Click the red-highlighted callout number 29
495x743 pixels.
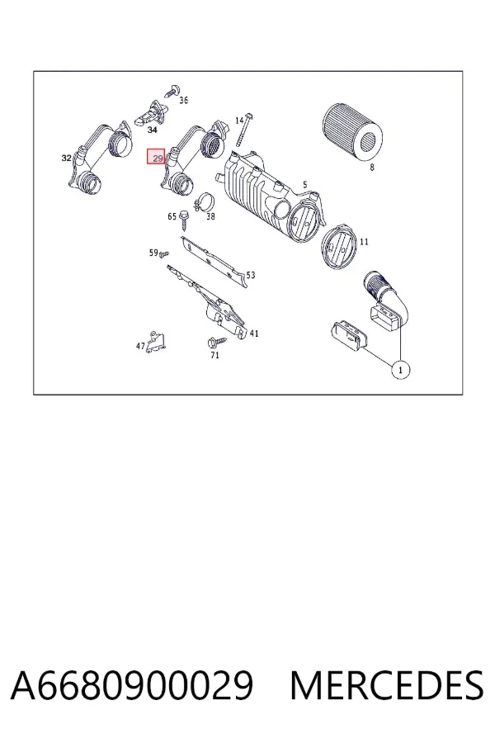coord(156,156)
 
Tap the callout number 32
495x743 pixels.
coord(66,158)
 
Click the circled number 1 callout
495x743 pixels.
coord(401,370)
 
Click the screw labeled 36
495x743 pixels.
coord(173,91)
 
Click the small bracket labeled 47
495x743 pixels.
coord(156,342)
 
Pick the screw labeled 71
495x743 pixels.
coord(218,341)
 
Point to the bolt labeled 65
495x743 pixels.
coord(184,221)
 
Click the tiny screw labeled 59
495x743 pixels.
coord(164,255)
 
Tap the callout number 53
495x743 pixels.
coord(251,275)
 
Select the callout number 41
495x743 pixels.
coord(254,334)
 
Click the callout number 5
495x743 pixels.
coord(305,185)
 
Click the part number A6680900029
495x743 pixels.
coord(132,685)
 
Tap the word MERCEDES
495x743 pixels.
coord(387,685)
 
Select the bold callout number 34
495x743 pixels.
coord(152,130)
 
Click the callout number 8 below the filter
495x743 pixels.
coord(372,168)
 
